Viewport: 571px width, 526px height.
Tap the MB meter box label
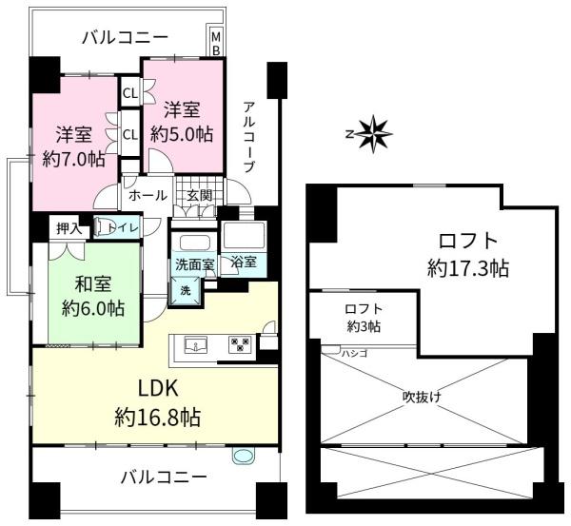215,43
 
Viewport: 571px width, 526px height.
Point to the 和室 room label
95,282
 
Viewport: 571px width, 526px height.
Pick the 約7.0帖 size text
72,159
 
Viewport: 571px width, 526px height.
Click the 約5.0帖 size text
181,133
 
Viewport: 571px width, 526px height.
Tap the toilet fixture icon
104,227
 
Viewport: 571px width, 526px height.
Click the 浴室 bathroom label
244,262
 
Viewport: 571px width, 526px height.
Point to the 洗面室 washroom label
193,263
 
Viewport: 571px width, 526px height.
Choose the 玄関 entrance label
199,195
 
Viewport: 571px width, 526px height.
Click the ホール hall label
148,195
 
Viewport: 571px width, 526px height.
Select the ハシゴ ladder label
354,353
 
